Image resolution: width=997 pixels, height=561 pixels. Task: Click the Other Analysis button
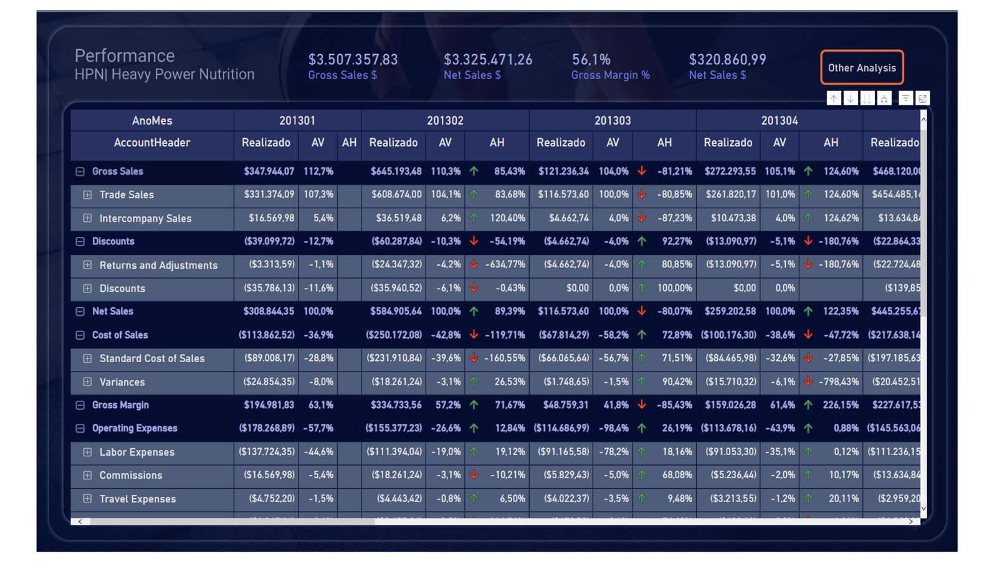(x=861, y=67)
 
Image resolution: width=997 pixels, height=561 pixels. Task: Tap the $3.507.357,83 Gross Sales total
(x=353, y=59)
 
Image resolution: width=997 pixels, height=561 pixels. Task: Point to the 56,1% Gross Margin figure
(x=591, y=59)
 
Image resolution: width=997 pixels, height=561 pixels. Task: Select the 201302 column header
(x=445, y=120)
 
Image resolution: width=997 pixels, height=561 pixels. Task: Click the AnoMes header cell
(x=152, y=120)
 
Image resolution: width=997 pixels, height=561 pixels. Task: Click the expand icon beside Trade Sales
(x=87, y=194)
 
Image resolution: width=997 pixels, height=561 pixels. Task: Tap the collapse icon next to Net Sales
(x=80, y=311)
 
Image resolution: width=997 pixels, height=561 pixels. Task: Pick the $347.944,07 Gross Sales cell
(x=269, y=171)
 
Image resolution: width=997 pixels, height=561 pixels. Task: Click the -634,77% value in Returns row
(x=506, y=264)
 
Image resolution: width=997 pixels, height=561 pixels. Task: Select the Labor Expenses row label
(x=136, y=452)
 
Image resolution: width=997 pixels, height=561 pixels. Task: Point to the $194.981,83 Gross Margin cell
(x=269, y=405)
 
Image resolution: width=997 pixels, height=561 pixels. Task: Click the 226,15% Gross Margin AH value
(x=840, y=405)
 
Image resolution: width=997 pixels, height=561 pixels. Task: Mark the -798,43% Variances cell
(x=839, y=381)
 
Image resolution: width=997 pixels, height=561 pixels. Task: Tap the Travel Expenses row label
(x=137, y=499)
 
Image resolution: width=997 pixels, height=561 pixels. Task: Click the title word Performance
(x=125, y=55)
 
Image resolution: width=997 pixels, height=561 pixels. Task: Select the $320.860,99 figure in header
(x=727, y=59)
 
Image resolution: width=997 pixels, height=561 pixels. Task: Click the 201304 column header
(x=779, y=120)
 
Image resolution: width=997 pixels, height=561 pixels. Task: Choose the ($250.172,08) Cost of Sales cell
(x=394, y=335)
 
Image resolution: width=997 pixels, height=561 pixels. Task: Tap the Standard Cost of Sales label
(x=151, y=358)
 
